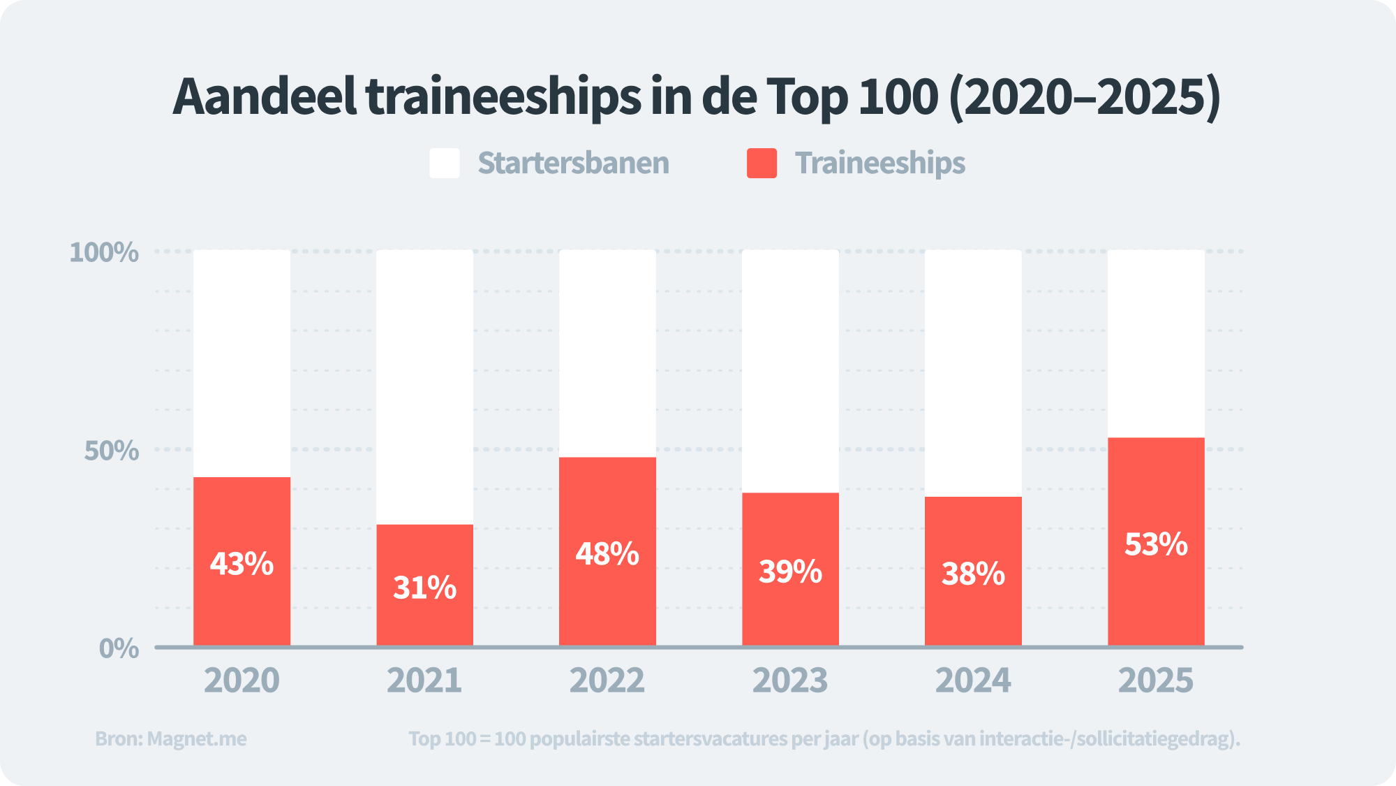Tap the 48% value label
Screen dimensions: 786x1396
click(x=607, y=554)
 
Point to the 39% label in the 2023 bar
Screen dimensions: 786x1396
click(x=790, y=572)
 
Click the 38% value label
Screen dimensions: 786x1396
click(x=973, y=574)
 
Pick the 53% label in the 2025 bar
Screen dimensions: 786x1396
click(x=1156, y=544)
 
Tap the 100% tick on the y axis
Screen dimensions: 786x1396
click(x=104, y=252)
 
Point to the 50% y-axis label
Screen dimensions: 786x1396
click(x=112, y=451)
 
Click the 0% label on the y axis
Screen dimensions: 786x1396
click(x=119, y=648)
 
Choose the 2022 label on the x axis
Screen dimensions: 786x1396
click(x=607, y=681)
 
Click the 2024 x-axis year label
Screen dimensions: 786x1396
click(x=973, y=681)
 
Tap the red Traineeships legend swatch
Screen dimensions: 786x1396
click(x=762, y=163)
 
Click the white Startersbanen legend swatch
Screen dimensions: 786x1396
click(x=445, y=163)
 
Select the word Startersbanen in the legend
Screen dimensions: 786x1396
click(x=573, y=163)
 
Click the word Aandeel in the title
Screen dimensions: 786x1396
click(x=265, y=96)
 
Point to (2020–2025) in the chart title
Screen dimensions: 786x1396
click(x=1085, y=96)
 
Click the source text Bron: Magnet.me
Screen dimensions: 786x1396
click(x=171, y=738)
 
